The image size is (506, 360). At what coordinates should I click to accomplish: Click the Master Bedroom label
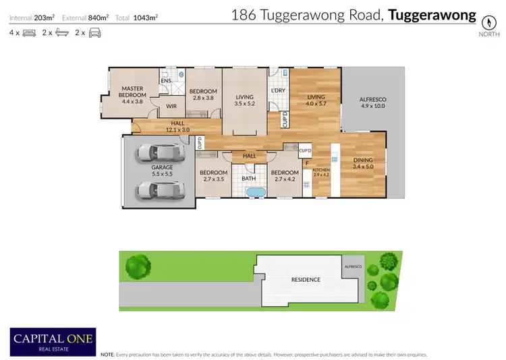click(134, 92)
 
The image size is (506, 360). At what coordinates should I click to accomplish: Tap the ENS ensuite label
click(165, 82)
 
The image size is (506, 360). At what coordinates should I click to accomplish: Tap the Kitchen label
click(321, 173)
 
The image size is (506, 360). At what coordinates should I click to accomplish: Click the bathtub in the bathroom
click(256, 193)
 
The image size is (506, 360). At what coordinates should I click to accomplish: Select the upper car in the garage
click(161, 153)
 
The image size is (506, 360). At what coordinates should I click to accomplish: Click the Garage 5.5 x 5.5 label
click(162, 171)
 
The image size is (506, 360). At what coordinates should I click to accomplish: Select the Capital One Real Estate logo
click(53, 340)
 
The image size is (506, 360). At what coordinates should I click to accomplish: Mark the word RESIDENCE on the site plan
click(305, 280)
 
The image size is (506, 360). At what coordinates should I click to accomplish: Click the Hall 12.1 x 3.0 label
click(178, 126)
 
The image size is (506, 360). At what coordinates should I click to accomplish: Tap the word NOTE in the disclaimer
click(107, 354)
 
